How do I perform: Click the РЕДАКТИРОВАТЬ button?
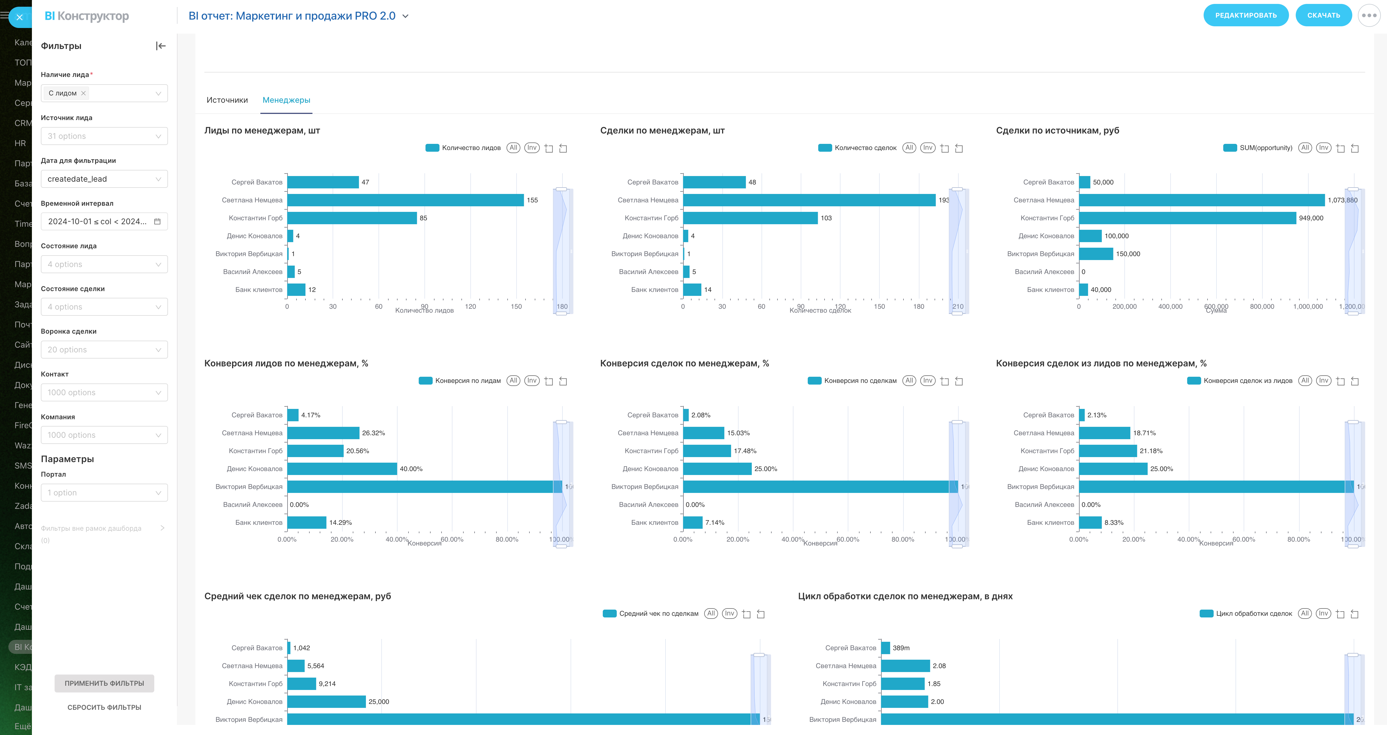point(1245,15)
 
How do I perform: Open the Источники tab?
point(227,100)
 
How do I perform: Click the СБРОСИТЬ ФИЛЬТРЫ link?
point(104,707)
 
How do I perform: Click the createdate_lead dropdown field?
point(104,179)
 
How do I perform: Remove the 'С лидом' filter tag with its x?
point(83,93)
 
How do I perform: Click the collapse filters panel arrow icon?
point(160,46)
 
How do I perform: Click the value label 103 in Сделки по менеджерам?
point(826,218)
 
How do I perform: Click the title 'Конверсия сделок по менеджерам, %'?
point(684,364)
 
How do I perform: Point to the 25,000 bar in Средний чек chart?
point(326,702)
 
